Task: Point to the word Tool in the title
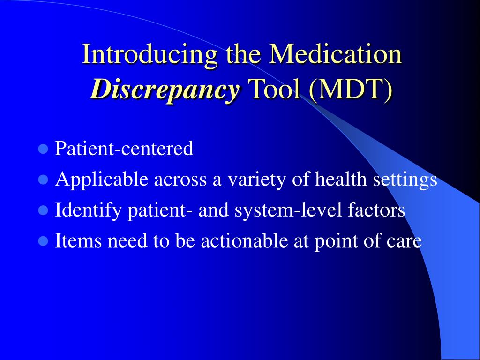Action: click(275, 89)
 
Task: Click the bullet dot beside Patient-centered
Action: click(44, 149)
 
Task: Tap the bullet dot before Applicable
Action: click(44, 180)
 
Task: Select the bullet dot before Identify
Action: click(44, 210)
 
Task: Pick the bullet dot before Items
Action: click(44, 241)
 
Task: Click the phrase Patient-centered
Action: click(124, 148)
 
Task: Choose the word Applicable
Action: click(102, 180)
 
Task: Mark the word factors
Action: click(376, 210)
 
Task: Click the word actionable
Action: click(245, 240)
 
